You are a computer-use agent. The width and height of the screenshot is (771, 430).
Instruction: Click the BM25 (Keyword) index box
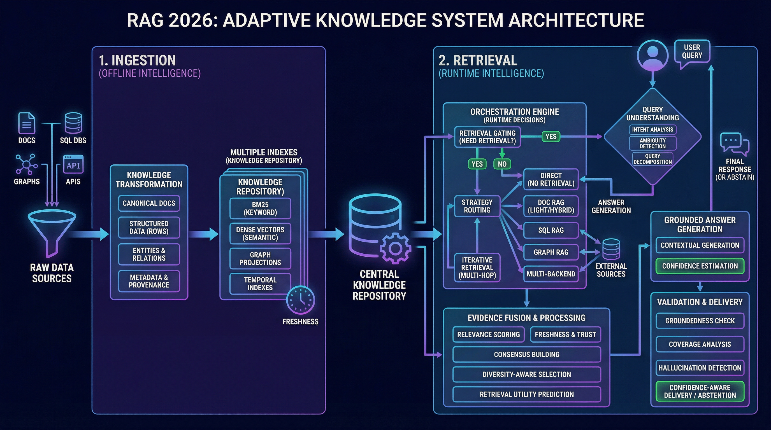[260, 209]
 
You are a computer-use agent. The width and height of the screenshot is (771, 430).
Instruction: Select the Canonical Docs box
[149, 203]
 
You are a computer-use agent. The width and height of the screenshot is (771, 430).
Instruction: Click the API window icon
[73, 164]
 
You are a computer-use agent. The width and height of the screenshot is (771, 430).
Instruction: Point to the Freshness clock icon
[301, 300]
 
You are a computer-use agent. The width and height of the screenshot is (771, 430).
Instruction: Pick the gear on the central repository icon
[395, 248]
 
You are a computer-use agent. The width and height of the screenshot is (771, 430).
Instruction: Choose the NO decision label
[502, 164]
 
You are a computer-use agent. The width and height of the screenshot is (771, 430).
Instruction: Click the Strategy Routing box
[477, 206]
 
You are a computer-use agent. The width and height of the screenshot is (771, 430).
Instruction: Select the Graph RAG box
[551, 252]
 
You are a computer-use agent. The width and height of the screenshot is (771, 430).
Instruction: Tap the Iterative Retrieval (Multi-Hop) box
[477, 268]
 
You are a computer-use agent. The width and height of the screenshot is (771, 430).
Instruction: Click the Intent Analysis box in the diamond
[652, 130]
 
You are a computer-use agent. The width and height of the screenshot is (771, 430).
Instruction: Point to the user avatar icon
[652, 56]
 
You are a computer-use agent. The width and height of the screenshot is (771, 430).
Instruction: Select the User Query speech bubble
[692, 52]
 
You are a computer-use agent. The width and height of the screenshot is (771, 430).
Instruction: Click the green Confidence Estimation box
[700, 266]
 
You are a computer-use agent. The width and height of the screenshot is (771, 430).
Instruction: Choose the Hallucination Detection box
[700, 368]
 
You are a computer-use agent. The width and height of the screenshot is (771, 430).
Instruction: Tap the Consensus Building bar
[526, 354]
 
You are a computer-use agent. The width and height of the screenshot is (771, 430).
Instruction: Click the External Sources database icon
[611, 249]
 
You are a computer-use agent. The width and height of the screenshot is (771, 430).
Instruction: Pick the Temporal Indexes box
[260, 284]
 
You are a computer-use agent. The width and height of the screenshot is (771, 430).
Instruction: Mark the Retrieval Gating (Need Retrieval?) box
[487, 137]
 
